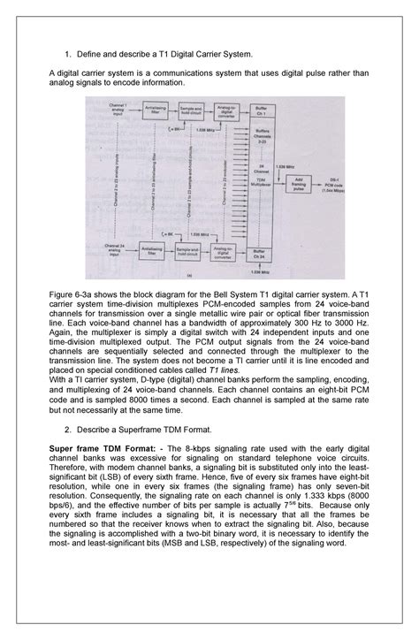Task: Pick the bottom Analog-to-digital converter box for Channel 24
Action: [x=217, y=254]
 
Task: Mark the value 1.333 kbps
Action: [x=305, y=511]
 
